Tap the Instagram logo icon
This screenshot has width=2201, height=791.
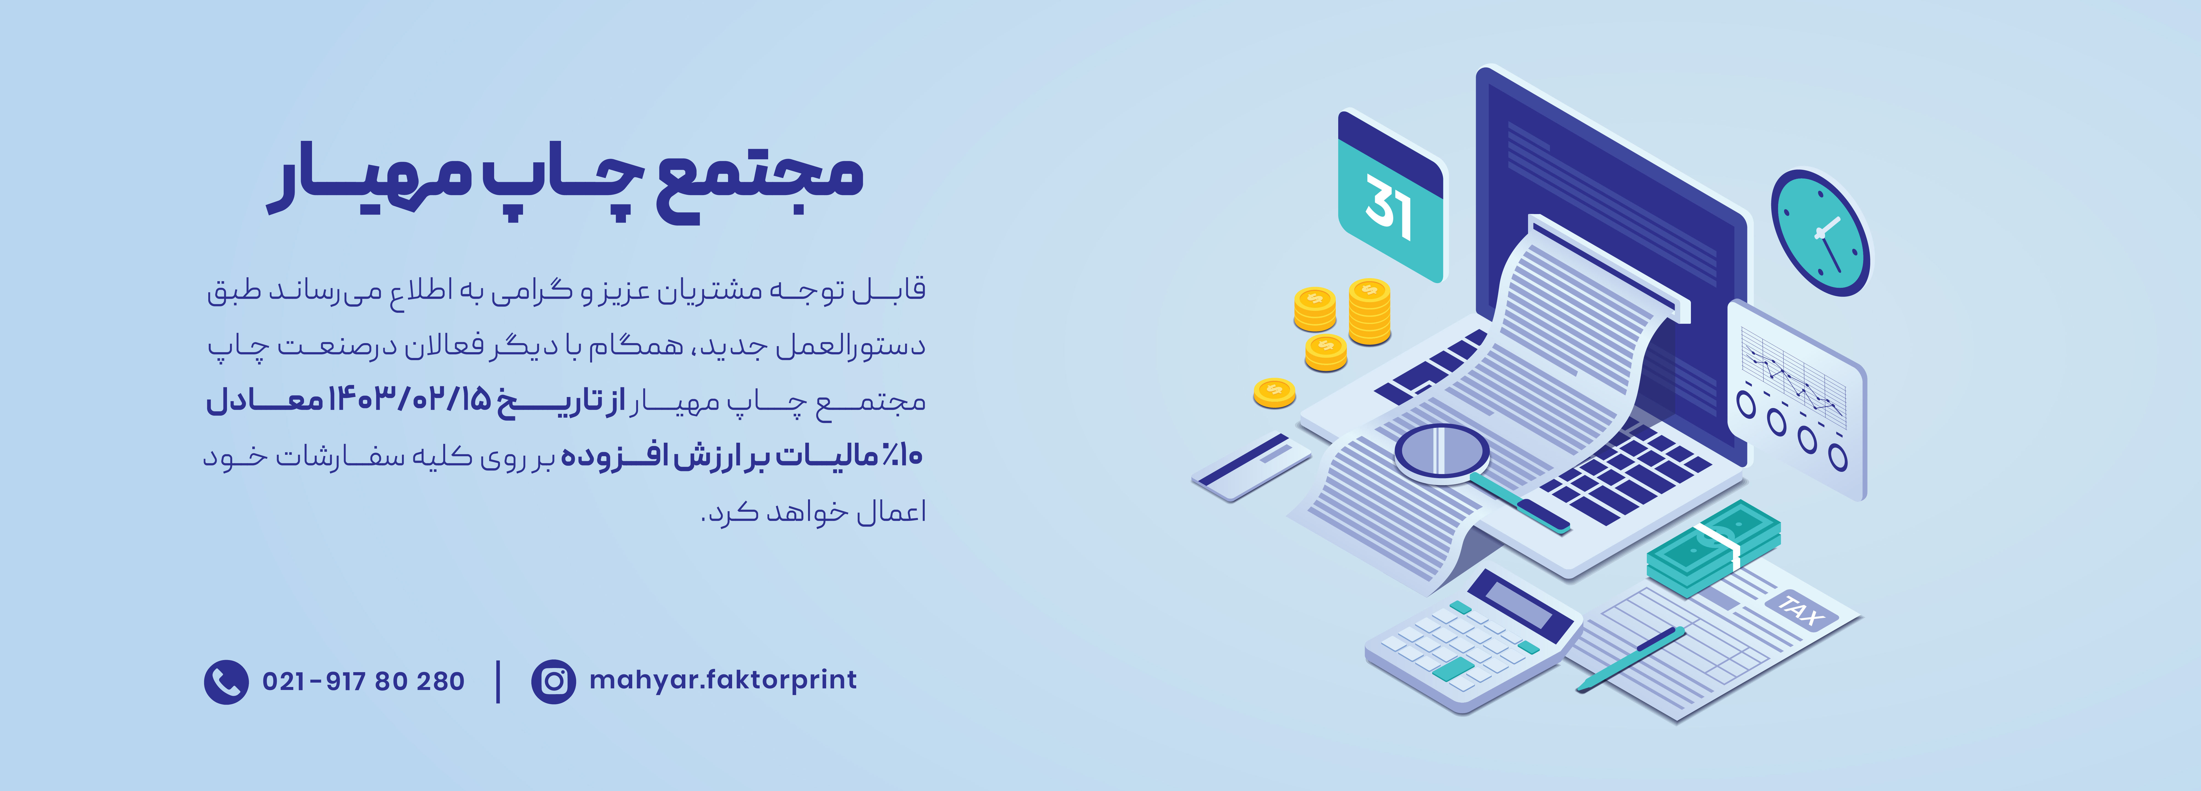pyautogui.click(x=554, y=682)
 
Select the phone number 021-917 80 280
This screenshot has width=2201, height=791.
pyautogui.click(x=363, y=682)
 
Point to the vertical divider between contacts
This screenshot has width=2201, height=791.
pyautogui.click(x=498, y=682)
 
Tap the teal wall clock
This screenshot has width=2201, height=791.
pyautogui.click(x=1820, y=232)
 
